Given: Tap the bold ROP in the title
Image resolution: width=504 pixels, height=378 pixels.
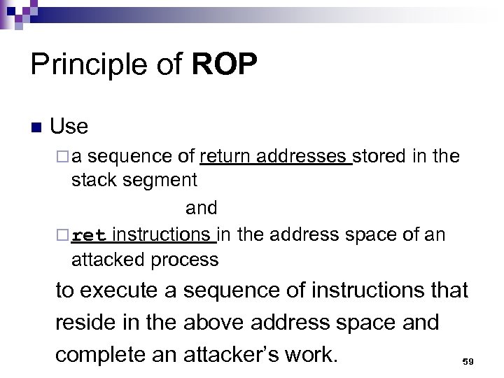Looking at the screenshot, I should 224,65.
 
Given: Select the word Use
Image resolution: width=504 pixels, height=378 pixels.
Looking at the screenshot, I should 69,126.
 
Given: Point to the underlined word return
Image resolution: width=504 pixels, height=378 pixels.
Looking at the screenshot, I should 225,156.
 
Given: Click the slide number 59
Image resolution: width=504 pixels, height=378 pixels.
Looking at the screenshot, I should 468,361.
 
